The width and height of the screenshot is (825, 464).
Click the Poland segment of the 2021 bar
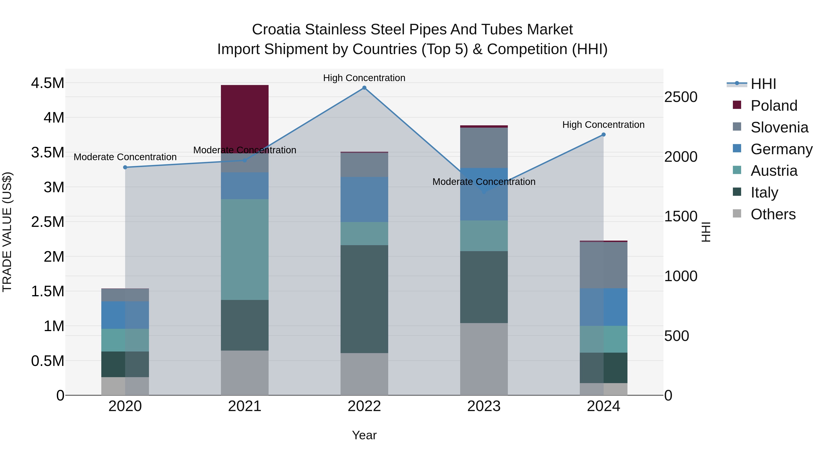[x=245, y=119]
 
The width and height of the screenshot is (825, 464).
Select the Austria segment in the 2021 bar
[x=245, y=250]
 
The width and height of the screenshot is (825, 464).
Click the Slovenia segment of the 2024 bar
[x=603, y=265]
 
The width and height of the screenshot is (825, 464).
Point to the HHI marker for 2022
[x=364, y=88]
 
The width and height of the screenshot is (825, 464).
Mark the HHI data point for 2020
[x=125, y=167]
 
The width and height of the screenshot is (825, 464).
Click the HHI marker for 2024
[x=603, y=135]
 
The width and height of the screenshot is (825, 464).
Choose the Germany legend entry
[x=781, y=149]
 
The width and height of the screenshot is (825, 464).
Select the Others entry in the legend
[x=773, y=214]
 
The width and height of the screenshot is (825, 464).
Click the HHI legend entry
[x=763, y=84]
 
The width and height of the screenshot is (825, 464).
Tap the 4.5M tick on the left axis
[x=47, y=83]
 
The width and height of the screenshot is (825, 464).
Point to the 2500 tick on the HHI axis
[x=681, y=97]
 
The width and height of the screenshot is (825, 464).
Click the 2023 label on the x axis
[x=484, y=406]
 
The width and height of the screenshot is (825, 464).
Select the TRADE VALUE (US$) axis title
[x=7, y=232]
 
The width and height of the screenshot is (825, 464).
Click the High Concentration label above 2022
[x=364, y=78]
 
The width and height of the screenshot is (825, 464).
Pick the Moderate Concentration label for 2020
[x=125, y=157]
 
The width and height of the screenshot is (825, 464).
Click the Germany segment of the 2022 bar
[x=364, y=199]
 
